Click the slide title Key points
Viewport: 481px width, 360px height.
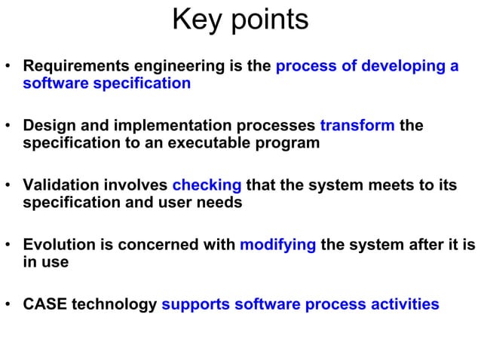point(240,20)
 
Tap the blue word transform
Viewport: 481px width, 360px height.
point(357,126)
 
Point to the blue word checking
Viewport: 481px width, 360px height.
point(207,185)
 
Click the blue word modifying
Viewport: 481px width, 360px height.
point(277,245)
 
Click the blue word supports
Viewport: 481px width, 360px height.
point(195,304)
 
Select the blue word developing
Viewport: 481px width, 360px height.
point(404,66)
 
